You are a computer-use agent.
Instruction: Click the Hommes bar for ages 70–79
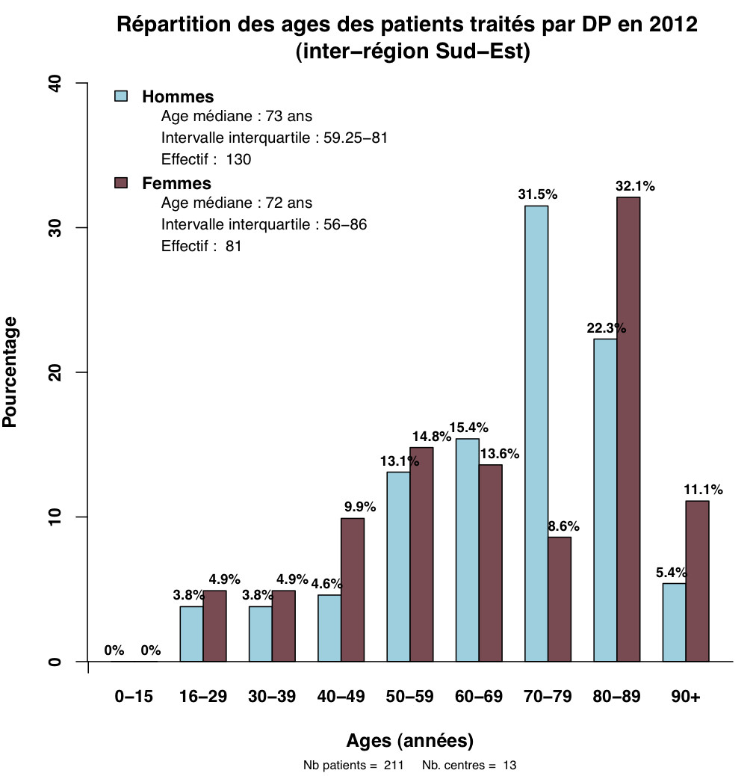click(536, 434)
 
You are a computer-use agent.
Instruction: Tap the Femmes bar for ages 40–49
click(353, 590)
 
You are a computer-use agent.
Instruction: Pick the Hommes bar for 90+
click(674, 622)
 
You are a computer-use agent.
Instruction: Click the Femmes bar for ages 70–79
click(560, 599)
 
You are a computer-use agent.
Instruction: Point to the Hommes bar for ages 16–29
click(192, 634)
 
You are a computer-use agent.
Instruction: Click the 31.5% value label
click(538, 194)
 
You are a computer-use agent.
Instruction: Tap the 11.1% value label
click(703, 490)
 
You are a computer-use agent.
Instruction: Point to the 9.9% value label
click(360, 507)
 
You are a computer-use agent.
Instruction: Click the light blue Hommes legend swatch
click(121, 96)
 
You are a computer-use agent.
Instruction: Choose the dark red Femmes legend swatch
click(121, 183)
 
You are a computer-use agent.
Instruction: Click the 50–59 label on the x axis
click(409, 697)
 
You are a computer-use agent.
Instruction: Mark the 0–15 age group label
click(134, 697)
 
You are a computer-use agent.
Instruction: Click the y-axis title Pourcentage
click(10, 372)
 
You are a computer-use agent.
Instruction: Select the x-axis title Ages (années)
click(409, 741)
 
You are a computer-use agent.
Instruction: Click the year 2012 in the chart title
click(671, 25)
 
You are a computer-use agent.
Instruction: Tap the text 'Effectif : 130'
click(206, 159)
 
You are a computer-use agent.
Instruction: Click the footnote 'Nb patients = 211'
click(353, 766)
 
